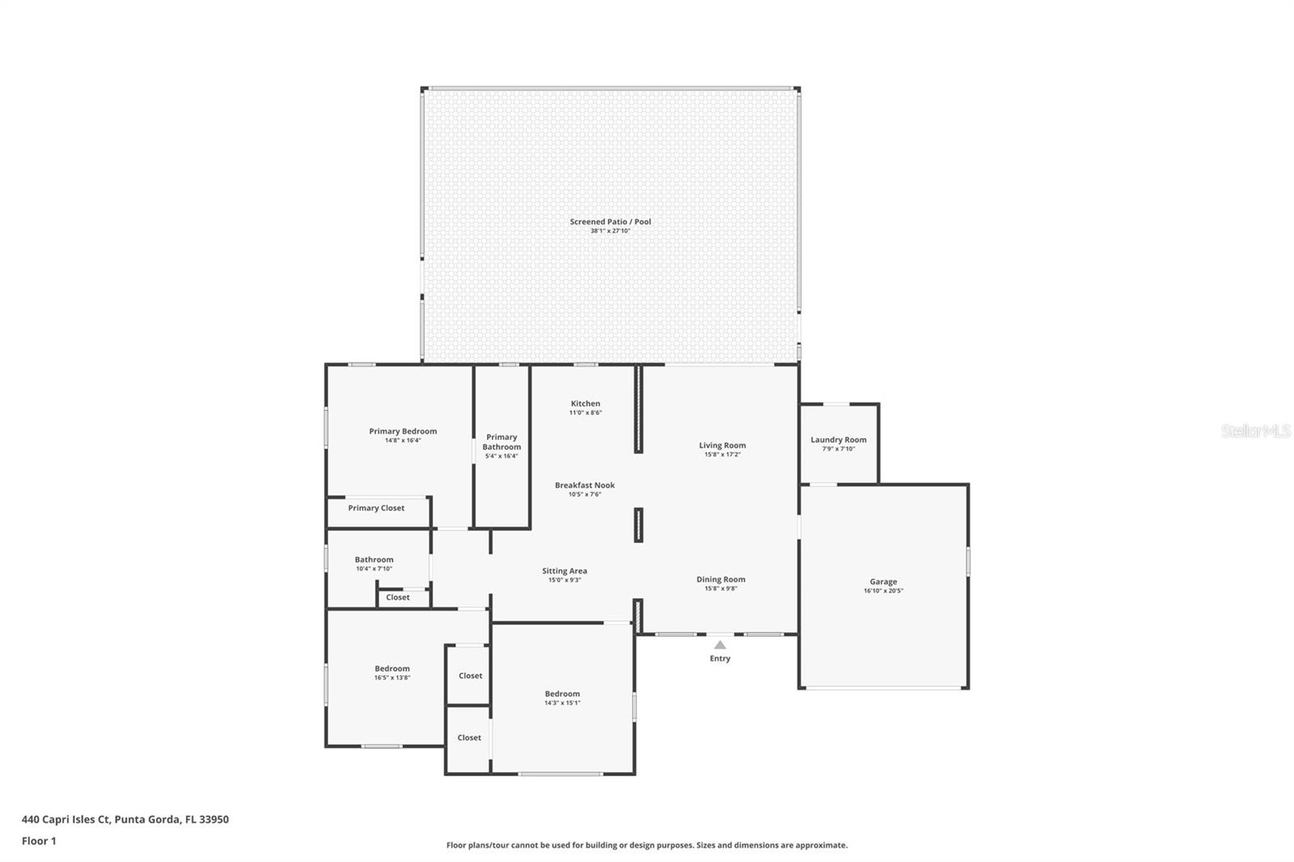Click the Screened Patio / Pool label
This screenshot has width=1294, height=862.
point(610,222)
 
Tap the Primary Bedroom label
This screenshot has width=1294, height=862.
point(403,431)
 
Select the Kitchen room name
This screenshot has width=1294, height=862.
point(586,404)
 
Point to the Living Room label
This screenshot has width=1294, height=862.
point(722,445)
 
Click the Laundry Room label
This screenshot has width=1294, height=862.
point(838,440)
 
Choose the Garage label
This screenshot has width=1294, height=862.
point(883,581)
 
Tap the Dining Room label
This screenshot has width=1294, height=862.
point(721,580)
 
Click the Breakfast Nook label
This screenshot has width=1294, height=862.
point(585,485)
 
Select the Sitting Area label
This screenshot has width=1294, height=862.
point(565,571)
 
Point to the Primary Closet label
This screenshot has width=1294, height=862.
point(376,508)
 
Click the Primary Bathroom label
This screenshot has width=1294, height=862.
point(501,442)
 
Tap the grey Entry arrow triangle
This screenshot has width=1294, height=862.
point(720,644)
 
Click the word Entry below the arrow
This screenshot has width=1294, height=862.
point(720,659)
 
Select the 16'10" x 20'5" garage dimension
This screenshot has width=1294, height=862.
point(883,590)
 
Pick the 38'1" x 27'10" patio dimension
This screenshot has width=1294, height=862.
point(610,230)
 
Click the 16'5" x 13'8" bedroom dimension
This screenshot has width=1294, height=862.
point(392,678)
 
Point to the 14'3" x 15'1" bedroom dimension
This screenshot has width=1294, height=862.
point(562,704)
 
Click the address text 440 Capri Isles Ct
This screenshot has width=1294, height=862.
point(66,819)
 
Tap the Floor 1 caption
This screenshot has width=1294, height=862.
point(39,841)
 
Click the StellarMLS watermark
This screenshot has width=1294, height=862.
point(1255,430)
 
